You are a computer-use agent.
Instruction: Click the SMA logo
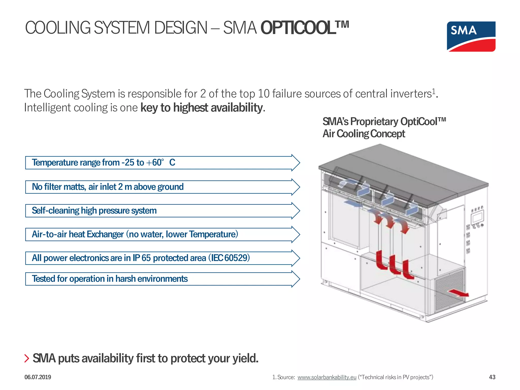coord(471,36)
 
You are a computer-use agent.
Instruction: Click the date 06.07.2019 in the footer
coord(38,377)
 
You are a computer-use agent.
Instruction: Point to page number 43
coord(492,377)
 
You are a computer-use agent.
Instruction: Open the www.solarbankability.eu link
coord(327,377)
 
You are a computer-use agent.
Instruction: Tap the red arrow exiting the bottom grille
coord(459,293)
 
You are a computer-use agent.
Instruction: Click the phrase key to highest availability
coord(201,108)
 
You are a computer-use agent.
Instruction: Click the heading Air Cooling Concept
coord(364,134)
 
